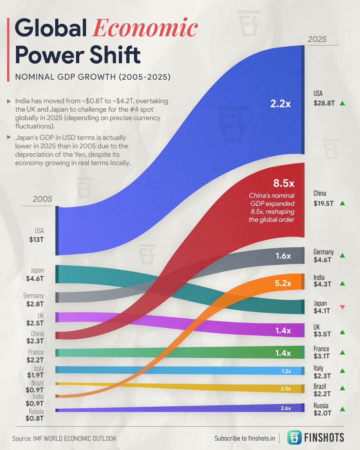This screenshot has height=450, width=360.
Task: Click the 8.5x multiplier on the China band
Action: (284, 183)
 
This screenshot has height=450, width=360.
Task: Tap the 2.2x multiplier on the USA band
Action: (280, 104)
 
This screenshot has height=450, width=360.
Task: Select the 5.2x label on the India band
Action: (283, 283)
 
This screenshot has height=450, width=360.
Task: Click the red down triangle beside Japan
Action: (342, 307)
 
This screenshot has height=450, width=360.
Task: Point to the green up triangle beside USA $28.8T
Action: (342, 103)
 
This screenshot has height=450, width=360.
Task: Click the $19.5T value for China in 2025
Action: (324, 203)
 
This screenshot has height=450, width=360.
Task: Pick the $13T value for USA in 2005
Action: (37, 240)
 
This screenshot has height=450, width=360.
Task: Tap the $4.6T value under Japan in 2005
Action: (35, 278)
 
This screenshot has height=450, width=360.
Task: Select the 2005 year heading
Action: (42, 199)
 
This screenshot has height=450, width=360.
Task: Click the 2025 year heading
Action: (317, 39)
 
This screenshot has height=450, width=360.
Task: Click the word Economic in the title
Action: (145, 28)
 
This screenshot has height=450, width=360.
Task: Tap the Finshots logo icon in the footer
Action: (294, 437)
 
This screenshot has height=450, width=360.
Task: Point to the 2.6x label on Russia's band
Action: (286, 408)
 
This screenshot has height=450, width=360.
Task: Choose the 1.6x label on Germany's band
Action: (283, 256)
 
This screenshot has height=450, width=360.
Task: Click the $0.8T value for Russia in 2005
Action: (35, 418)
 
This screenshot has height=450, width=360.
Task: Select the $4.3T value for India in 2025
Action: (322, 284)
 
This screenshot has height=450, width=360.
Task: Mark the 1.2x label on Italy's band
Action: (286, 371)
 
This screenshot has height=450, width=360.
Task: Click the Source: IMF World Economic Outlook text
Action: (64, 438)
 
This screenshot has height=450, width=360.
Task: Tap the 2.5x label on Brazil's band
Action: (286, 389)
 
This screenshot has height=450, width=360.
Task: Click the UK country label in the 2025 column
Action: (317, 327)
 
